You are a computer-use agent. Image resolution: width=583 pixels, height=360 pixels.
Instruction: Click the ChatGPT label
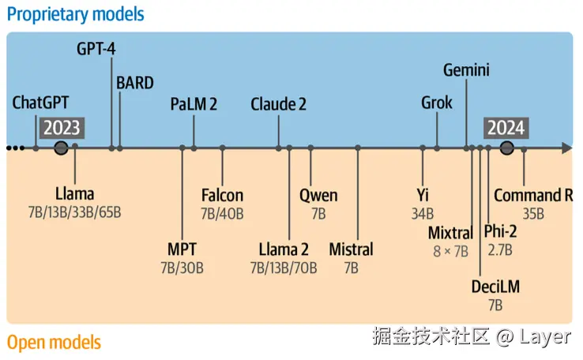click(39, 103)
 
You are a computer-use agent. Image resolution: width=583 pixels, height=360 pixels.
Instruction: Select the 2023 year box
click(62, 128)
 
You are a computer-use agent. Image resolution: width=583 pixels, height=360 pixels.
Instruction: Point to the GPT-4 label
click(96, 49)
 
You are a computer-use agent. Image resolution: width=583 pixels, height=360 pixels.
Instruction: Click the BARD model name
click(134, 82)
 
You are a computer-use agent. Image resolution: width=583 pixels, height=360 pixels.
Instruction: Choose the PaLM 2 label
click(194, 104)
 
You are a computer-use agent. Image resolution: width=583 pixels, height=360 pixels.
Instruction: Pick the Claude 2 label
click(278, 104)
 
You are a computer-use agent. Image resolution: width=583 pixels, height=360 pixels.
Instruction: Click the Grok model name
click(437, 103)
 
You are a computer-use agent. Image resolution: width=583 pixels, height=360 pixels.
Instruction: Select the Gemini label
click(466, 70)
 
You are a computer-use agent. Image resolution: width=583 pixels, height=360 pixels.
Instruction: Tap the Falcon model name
click(222, 195)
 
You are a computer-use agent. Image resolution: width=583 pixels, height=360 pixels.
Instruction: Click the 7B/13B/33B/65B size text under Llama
click(75, 212)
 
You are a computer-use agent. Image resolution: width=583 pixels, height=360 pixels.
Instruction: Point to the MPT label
click(182, 249)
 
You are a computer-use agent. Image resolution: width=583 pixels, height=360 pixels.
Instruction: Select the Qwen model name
click(318, 196)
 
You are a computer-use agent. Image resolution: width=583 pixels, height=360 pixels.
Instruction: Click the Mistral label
click(351, 249)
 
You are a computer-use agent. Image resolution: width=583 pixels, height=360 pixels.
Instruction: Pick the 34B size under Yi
click(423, 213)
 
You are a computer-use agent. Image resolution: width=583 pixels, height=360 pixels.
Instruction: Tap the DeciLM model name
click(495, 287)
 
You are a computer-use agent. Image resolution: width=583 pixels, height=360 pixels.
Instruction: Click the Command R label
click(533, 196)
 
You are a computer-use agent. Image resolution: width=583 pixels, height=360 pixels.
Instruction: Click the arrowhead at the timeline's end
click(566, 148)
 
